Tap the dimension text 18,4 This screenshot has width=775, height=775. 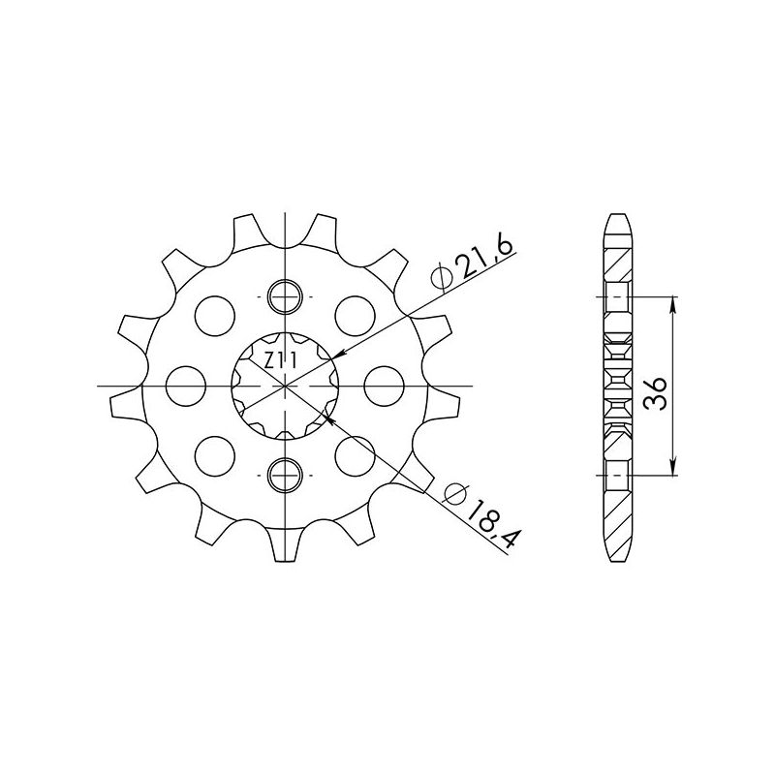[x=487, y=523]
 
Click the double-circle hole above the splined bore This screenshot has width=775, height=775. [x=287, y=294]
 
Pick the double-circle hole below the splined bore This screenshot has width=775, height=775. [x=287, y=476]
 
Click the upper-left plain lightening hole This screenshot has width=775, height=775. [x=215, y=315]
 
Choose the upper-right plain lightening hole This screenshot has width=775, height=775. [x=356, y=315]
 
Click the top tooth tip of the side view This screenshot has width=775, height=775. [x=617, y=215]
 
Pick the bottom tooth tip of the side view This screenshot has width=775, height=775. [x=617, y=556]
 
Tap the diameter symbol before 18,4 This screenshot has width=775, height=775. [x=450, y=495]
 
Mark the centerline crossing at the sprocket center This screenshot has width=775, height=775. [x=287, y=386]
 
